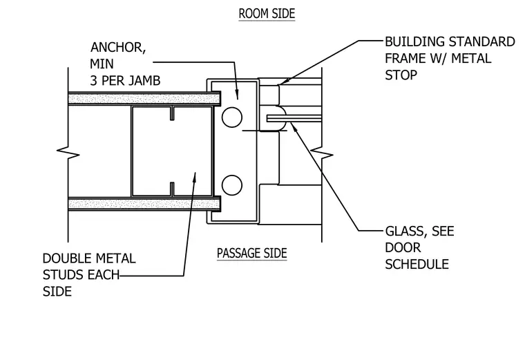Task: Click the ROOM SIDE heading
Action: (267, 14)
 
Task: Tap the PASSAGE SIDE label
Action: (251, 253)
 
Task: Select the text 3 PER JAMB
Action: (125, 81)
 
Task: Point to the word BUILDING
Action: (415, 42)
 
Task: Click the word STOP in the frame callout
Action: (401, 75)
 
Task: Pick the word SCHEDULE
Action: (417, 264)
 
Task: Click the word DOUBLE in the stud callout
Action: (66, 258)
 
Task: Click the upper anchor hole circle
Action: (231, 117)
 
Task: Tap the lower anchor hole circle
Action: (231, 185)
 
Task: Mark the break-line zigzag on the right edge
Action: (322, 155)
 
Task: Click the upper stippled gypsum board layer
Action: (144, 98)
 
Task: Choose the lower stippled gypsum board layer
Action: (144, 204)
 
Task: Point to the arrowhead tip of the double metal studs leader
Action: (195, 173)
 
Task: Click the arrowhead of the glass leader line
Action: (292, 123)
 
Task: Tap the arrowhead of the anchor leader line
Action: (238, 99)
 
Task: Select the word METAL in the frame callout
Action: (471, 59)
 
